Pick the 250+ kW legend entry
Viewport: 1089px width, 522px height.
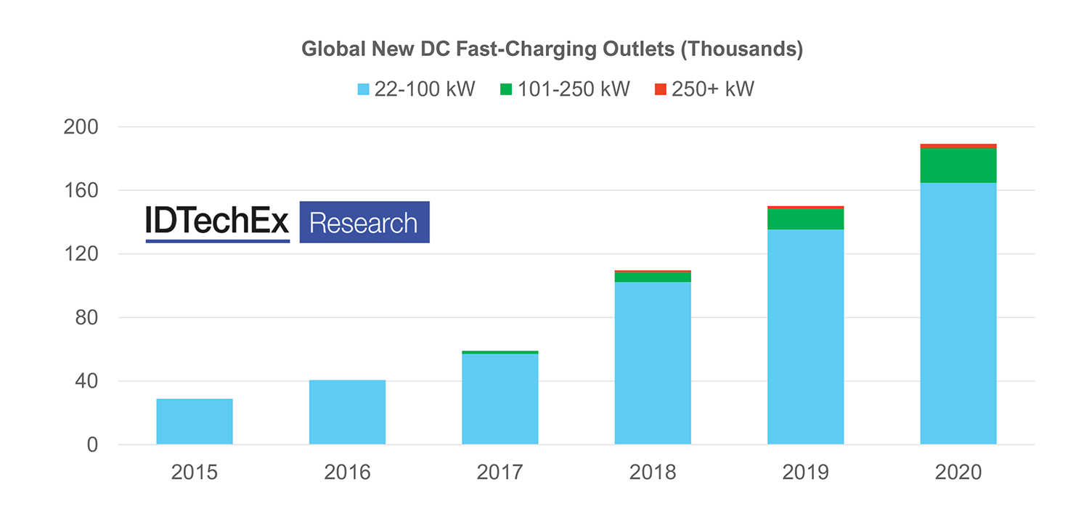(x=704, y=90)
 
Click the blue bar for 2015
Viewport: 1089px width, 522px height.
(x=195, y=422)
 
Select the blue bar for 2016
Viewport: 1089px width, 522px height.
(x=347, y=412)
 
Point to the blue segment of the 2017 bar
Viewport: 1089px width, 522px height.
(x=500, y=399)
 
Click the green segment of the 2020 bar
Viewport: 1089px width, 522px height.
(x=958, y=166)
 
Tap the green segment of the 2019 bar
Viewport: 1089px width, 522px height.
(x=805, y=219)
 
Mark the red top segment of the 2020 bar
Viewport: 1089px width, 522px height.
(x=958, y=146)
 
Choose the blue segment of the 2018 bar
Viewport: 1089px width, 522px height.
(x=653, y=363)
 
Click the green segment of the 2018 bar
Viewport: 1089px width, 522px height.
(x=653, y=277)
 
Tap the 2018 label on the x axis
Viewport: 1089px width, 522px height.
(x=653, y=473)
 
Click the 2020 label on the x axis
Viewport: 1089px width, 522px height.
(x=958, y=473)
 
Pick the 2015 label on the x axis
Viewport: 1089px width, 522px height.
(x=195, y=473)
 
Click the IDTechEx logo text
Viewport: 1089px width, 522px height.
(x=218, y=221)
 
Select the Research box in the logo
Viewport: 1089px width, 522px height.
(x=364, y=222)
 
